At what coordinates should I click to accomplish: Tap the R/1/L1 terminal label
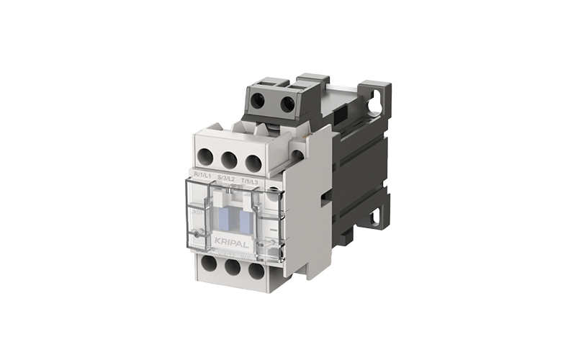click(203, 175)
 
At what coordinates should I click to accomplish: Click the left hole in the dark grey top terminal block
click(258, 102)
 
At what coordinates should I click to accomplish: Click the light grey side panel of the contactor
click(306, 216)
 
